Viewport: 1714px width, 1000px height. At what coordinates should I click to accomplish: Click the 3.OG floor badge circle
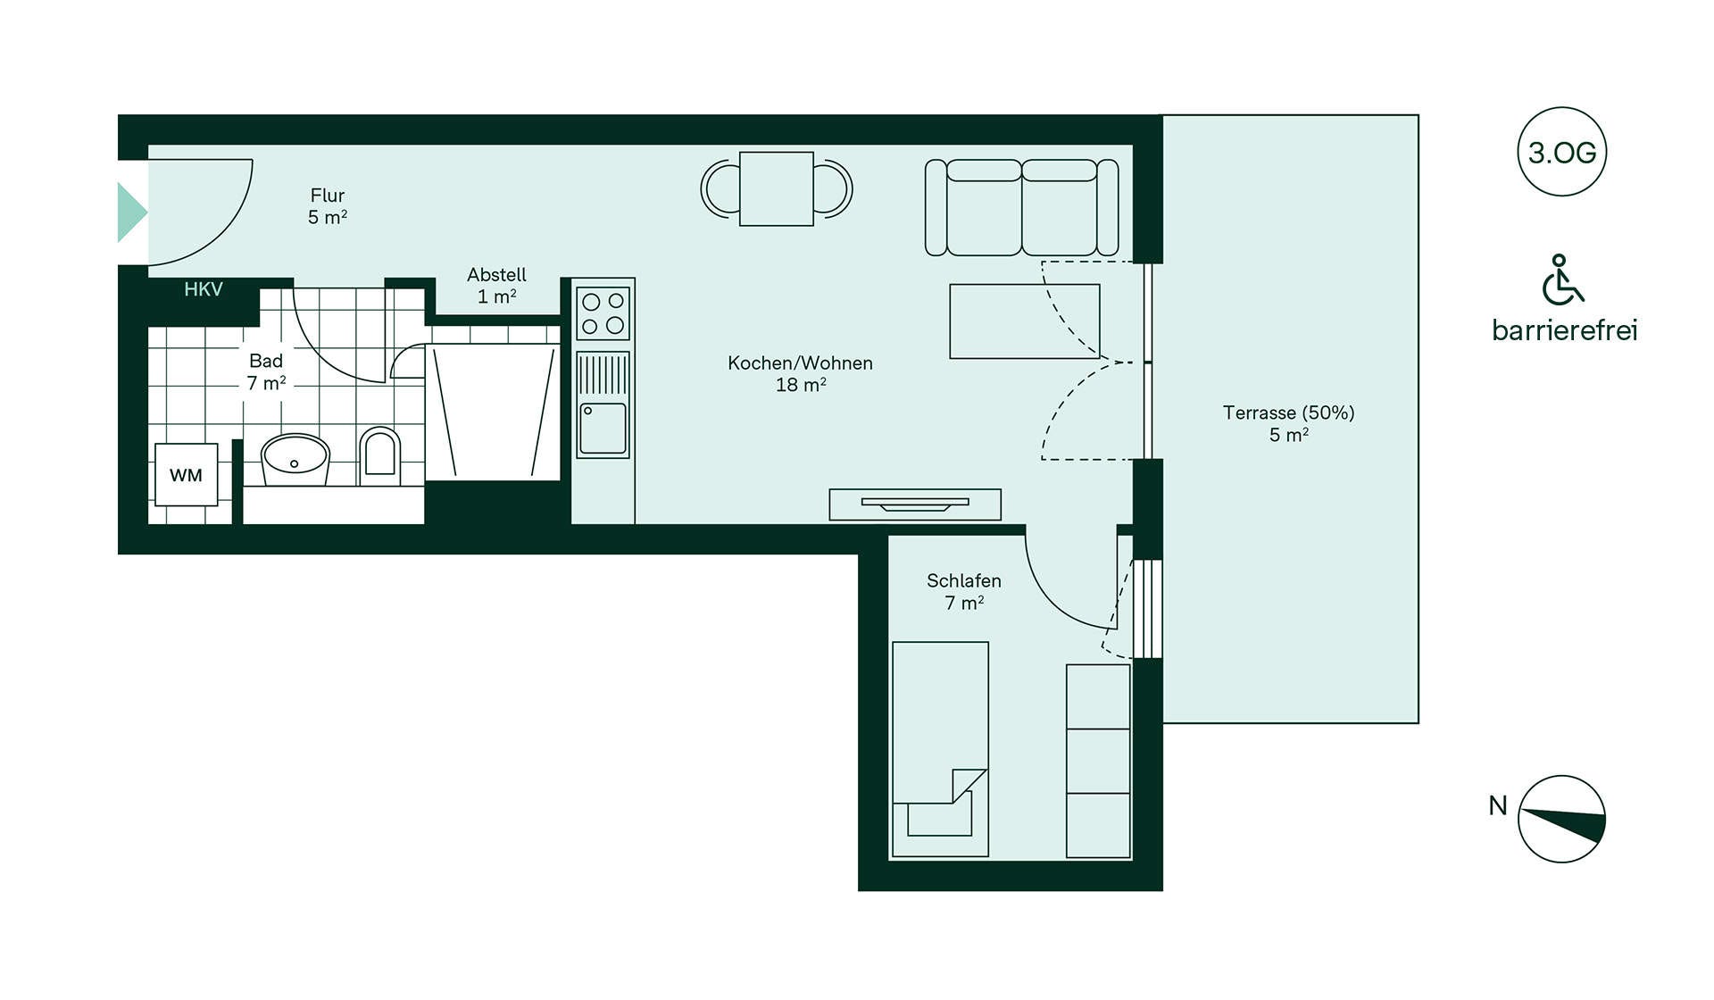[1561, 152]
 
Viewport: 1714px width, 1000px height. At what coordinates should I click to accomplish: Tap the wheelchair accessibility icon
[1562, 279]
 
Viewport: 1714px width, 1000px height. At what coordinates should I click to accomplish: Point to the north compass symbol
[1561, 819]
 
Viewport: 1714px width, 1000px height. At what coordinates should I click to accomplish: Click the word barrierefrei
[1564, 330]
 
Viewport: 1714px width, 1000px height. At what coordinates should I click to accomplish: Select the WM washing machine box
[187, 475]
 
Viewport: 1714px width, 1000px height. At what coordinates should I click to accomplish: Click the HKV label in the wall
[204, 289]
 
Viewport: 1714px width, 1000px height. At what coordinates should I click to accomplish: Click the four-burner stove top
[603, 313]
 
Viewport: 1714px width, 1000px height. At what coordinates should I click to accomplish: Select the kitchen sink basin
[603, 429]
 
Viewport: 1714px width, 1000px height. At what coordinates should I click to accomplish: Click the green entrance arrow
[132, 212]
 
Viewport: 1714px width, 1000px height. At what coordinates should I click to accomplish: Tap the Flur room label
[328, 206]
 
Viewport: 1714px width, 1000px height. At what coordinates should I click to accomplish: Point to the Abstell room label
[497, 286]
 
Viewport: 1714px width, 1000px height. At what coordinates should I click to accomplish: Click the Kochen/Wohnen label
[800, 374]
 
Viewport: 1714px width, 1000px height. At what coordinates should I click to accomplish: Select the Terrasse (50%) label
[1289, 424]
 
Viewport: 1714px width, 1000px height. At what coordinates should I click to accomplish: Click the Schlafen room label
[964, 592]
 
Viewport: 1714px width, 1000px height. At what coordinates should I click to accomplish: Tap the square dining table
[777, 188]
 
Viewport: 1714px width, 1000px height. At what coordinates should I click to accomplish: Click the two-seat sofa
[1022, 208]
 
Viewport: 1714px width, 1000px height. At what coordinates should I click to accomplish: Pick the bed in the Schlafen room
[941, 749]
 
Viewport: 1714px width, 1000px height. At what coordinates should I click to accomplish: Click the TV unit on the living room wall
[915, 504]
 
